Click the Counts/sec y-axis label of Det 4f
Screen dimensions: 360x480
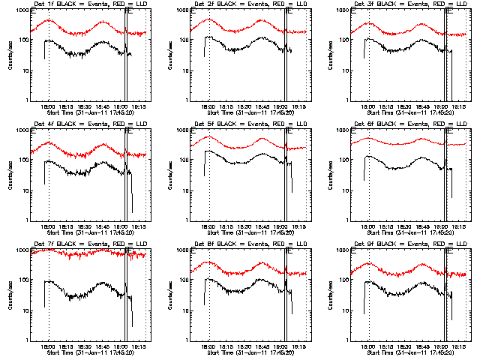click(10, 175)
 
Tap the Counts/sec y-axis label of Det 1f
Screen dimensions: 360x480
click(10, 55)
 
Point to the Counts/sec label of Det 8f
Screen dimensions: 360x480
click(169, 295)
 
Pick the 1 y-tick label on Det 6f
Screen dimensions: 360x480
click(349, 220)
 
